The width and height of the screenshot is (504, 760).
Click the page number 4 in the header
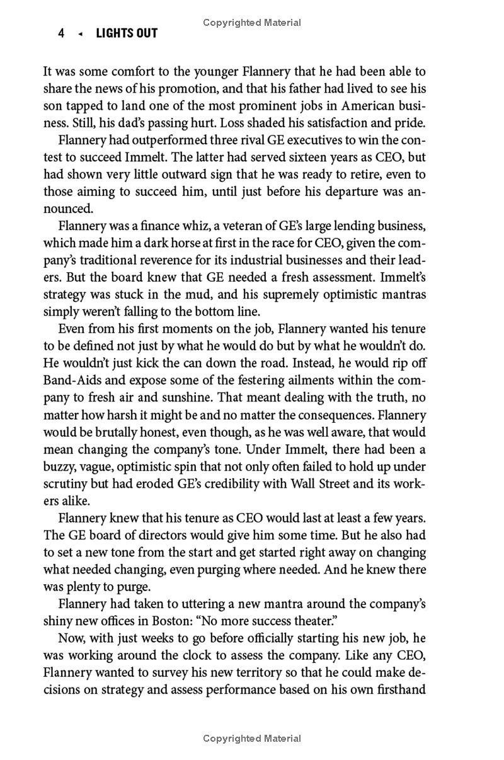[x=61, y=33]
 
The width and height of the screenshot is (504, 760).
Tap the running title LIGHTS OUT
[x=127, y=33]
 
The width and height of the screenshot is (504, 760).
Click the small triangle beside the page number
[x=79, y=34]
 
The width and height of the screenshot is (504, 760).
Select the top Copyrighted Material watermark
[x=252, y=23]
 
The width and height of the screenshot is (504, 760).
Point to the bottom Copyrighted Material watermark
[x=252, y=738]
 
